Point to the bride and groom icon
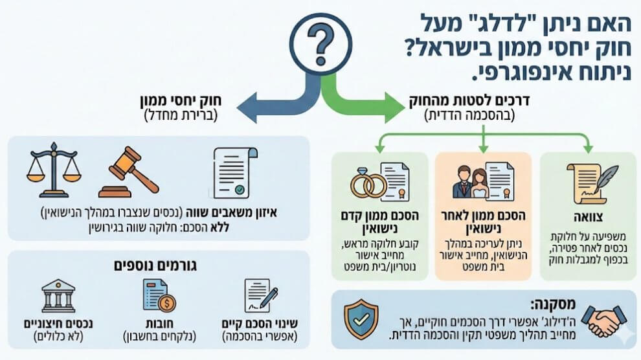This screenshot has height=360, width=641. click(472, 182)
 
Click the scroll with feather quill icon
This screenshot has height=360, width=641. click(591, 181)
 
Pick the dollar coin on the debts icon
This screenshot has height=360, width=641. click(166, 303)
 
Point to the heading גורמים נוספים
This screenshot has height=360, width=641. click(159, 265)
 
